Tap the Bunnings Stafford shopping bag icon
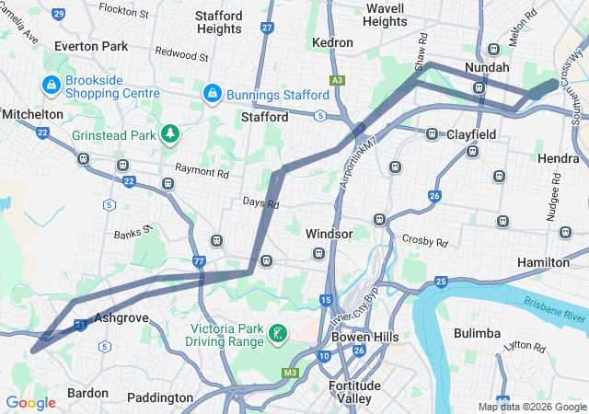[x=213, y=95]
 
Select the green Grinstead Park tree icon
[x=169, y=134]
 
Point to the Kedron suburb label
[x=332, y=42]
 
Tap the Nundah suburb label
[x=487, y=67]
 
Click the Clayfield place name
[x=471, y=134]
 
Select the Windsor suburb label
[x=329, y=234]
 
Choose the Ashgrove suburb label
[x=121, y=317]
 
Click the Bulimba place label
[x=477, y=332]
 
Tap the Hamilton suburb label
[x=543, y=262]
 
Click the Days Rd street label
[x=260, y=202]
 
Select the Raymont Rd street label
[x=202, y=171]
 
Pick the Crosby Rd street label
[x=424, y=241]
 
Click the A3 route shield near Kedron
[x=338, y=81]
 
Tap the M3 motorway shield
[x=291, y=373]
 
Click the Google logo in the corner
[x=30, y=403]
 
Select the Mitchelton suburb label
[x=32, y=114]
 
